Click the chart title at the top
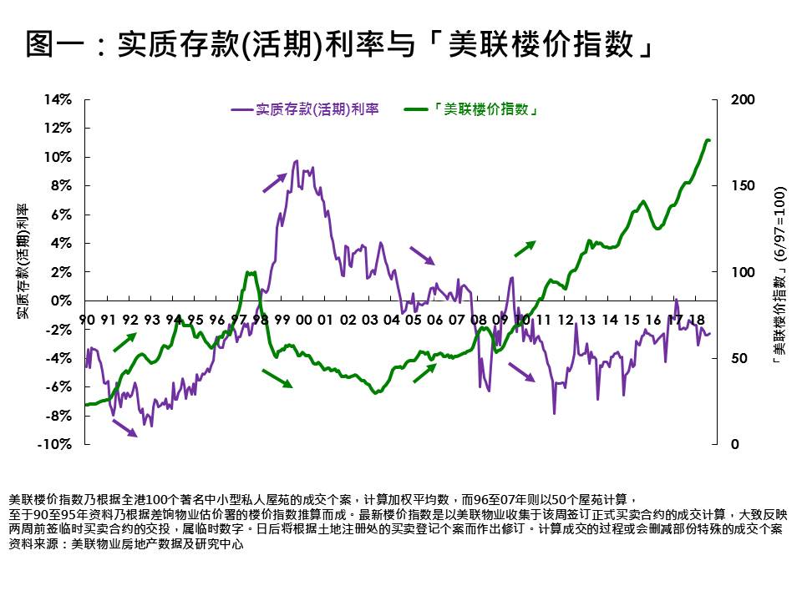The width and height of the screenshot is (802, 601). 338,44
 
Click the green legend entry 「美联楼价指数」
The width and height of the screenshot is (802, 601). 472,109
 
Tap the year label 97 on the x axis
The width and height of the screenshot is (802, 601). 238,320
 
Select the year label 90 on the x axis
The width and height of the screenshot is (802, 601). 86,320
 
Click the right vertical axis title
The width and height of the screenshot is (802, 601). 779,271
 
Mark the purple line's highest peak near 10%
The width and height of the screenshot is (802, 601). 297,161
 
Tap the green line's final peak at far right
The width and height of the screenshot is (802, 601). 708,140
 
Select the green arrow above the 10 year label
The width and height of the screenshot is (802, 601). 524,249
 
